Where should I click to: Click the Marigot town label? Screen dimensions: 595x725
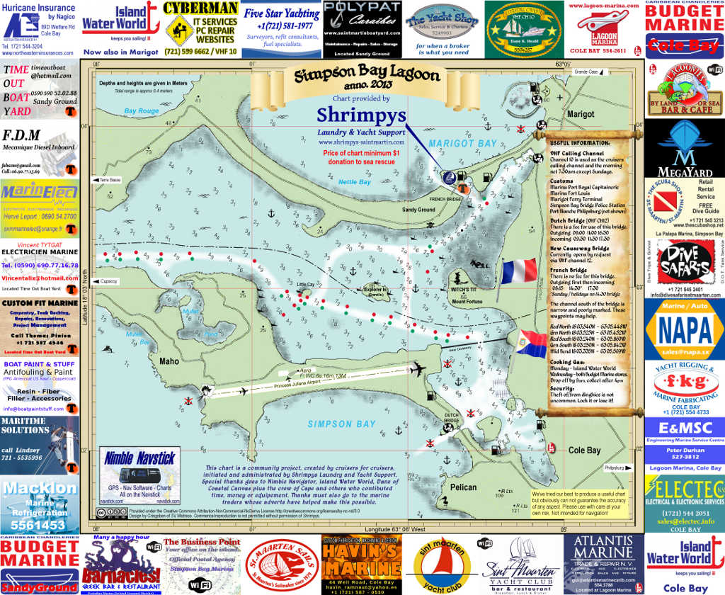coord(581,113)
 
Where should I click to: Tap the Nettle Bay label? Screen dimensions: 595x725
coord(354,182)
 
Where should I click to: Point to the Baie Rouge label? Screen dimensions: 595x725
coord(142,111)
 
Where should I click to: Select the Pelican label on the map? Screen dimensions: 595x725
coord(464,487)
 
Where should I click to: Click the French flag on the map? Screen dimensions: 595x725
coord(519,271)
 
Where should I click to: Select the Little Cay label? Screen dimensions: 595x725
coord(305,284)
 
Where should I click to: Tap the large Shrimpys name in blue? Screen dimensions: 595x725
coord(361,114)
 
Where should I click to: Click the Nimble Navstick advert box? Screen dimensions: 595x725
coord(139,475)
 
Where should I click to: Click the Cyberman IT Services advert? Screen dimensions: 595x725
coord(200,28)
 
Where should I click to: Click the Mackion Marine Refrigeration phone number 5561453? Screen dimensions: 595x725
coord(40,525)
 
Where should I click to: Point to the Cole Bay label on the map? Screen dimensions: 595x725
coord(584,450)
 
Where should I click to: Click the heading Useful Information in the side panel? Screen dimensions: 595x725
coord(578,142)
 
